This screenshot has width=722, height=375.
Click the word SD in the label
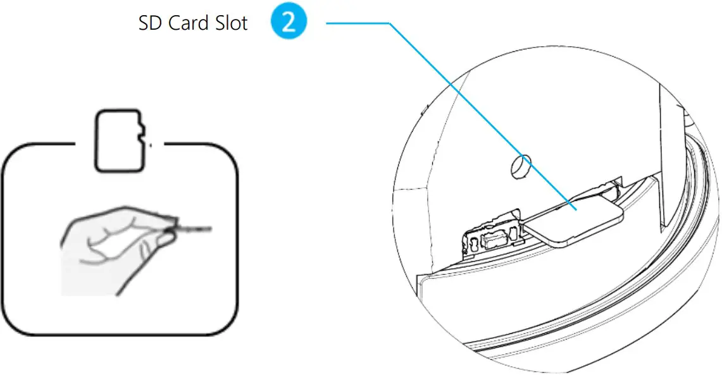[x=150, y=23]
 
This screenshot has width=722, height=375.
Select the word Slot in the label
[x=232, y=23]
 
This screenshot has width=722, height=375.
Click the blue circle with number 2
[x=289, y=23]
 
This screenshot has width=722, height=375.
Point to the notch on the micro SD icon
[x=142, y=133]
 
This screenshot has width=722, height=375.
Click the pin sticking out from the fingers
[x=196, y=226]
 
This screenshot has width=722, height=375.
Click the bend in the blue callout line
[x=389, y=24]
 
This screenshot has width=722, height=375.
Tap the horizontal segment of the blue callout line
[x=358, y=24]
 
